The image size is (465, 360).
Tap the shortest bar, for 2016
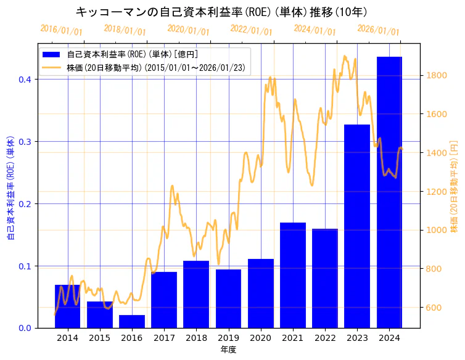[132, 321]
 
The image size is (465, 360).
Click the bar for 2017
[164, 300]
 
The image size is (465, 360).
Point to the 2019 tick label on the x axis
[228, 338]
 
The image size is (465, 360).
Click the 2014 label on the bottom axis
[67, 338]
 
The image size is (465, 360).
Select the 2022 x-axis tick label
[325, 338]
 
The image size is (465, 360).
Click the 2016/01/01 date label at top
[61, 30]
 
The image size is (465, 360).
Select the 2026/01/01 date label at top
[378, 30]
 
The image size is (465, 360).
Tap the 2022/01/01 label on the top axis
[251, 30]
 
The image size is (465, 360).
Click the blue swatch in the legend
[52, 55]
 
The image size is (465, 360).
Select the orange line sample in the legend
[52, 67]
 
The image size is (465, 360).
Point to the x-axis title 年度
[228, 350]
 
